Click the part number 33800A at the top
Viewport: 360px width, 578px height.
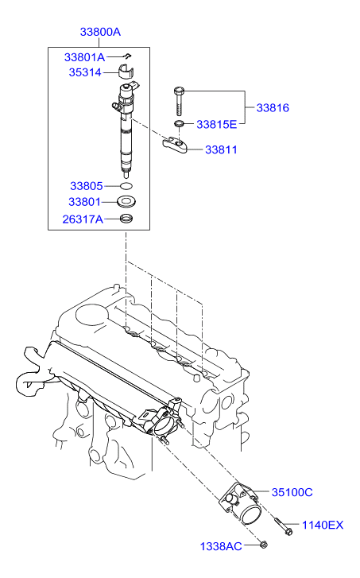tap(100, 33)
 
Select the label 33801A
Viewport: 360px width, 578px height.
tap(85, 57)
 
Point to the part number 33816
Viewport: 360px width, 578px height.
tap(272, 107)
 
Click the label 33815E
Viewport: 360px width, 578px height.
tap(216, 124)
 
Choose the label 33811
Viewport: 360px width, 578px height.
tap(222, 149)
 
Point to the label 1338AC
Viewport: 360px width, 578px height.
tap(221, 546)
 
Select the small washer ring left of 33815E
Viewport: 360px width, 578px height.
tap(180, 124)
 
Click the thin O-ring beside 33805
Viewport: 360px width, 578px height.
tap(125, 186)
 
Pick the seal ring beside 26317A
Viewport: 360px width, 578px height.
tap(126, 219)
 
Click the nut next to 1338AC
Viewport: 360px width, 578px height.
tap(264, 545)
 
